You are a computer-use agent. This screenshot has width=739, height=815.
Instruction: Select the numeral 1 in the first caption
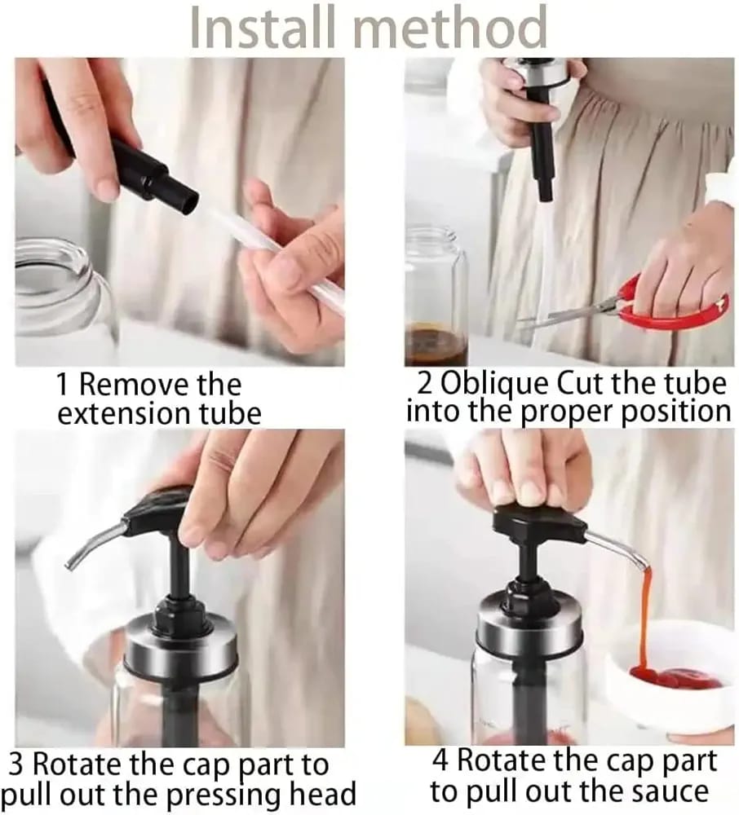63,384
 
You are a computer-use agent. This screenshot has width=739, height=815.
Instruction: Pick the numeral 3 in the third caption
17,766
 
